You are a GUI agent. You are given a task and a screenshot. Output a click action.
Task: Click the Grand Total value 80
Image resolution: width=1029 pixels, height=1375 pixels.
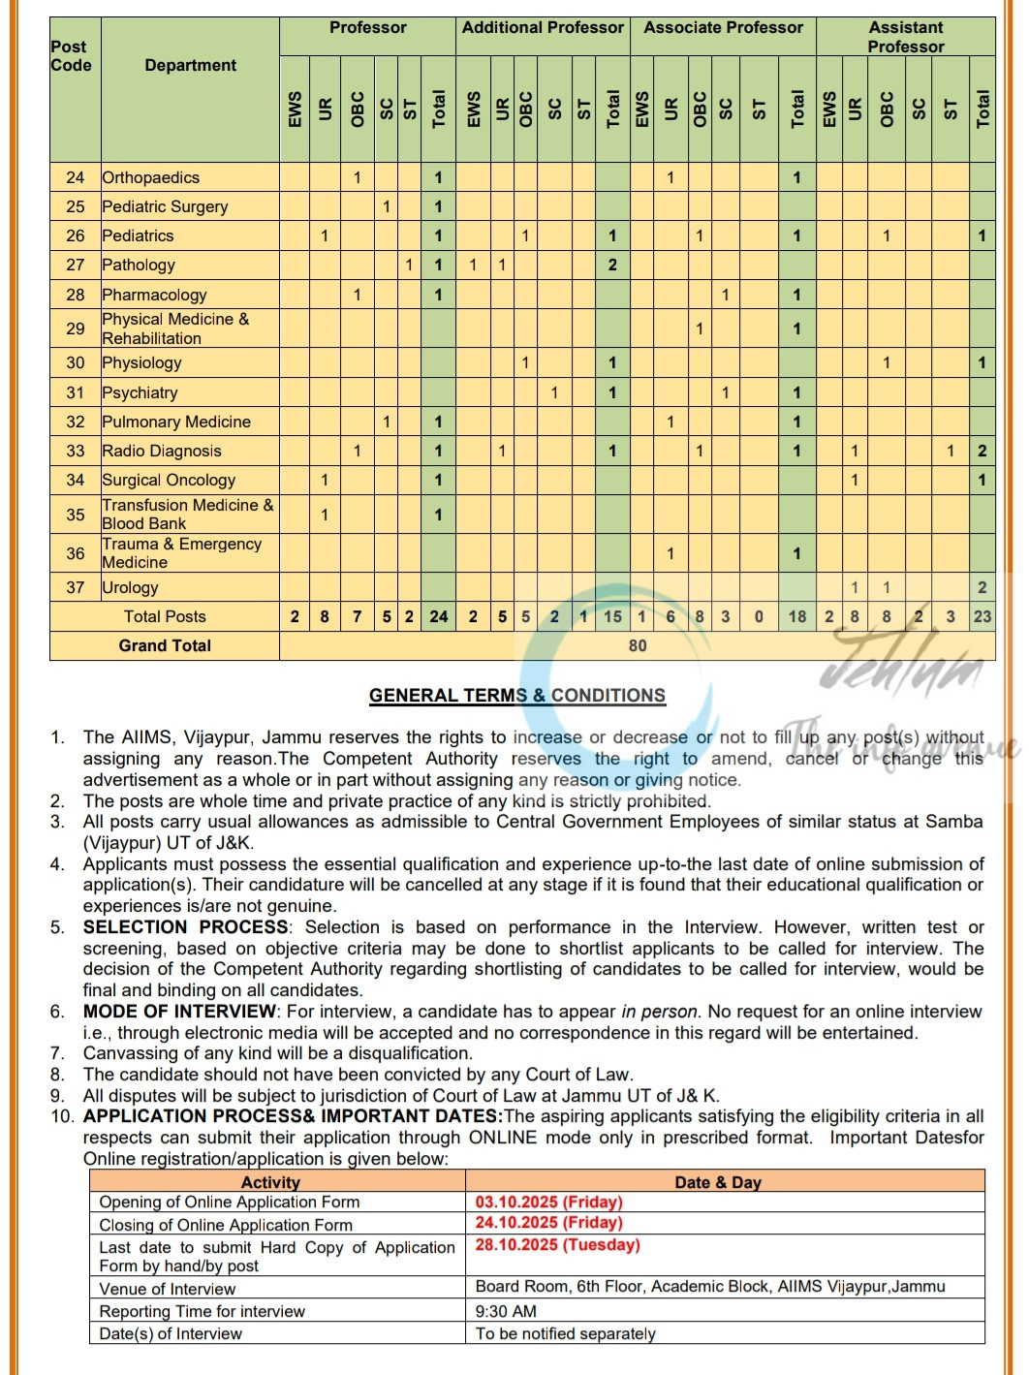pyautogui.click(x=638, y=646)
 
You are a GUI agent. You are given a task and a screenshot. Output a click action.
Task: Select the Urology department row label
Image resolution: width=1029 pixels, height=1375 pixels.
pyautogui.click(x=131, y=587)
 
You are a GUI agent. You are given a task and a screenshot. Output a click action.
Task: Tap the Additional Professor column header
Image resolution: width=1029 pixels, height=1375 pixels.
pyautogui.click(x=543, y=28)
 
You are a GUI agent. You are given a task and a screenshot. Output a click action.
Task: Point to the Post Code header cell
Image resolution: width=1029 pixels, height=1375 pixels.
pyautogui.click(x=71, y=56)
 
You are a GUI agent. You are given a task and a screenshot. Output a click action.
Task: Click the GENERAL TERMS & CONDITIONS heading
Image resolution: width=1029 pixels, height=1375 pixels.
pyautogui.click(x=517, y=696)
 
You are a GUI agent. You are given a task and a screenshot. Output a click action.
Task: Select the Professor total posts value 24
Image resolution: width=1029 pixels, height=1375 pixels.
pyautogui.click(x=439, y=616)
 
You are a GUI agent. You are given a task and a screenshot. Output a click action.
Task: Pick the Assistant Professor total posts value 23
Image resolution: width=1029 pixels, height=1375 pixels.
pyautogui.click(x=982, y=616)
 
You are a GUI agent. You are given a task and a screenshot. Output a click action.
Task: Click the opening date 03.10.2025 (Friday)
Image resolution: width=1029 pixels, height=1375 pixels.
pyautogui.click(x=548, y=1203)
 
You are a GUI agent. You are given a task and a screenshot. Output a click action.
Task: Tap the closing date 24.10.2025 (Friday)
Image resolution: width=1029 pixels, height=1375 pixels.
pyautogui.click(x=548, y=1223)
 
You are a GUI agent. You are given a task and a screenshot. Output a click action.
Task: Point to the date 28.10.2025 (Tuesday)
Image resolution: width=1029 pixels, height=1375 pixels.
pyautogui.click(x=557, y=1245)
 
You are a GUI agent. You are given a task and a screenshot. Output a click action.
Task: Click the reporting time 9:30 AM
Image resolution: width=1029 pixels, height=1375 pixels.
pyautogui.click(x=506, y=1311)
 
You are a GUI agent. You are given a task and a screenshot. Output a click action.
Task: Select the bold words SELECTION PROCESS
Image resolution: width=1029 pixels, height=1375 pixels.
pyautogui.click(x=185, y=927)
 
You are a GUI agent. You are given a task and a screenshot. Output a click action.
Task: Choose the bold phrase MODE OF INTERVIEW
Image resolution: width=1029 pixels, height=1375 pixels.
pyautogui.click(x=179, y=1012)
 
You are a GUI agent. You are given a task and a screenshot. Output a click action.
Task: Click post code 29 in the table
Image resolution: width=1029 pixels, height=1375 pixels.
pyautogui.click(x=76, y=328)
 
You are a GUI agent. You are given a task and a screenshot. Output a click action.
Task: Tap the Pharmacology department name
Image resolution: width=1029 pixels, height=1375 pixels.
pyautogui.click(x=154, y=295)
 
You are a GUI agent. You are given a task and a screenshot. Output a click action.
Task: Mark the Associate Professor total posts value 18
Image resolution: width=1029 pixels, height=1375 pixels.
pyautogui.click(x=797, y=616)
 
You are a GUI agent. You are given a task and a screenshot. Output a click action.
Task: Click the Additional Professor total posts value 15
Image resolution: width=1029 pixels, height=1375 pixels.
pyautogui.click(x=612, y=616)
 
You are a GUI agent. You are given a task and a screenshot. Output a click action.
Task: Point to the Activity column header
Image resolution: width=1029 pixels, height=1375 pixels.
pyautogui.click(x=270, y=1182)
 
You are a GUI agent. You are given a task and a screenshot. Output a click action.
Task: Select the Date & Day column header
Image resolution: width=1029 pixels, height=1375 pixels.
pyautogui.click(x=718, y=1182)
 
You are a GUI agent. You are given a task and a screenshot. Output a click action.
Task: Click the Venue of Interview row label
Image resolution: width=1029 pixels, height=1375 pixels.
pyautogui.click(x=168, y=1289)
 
